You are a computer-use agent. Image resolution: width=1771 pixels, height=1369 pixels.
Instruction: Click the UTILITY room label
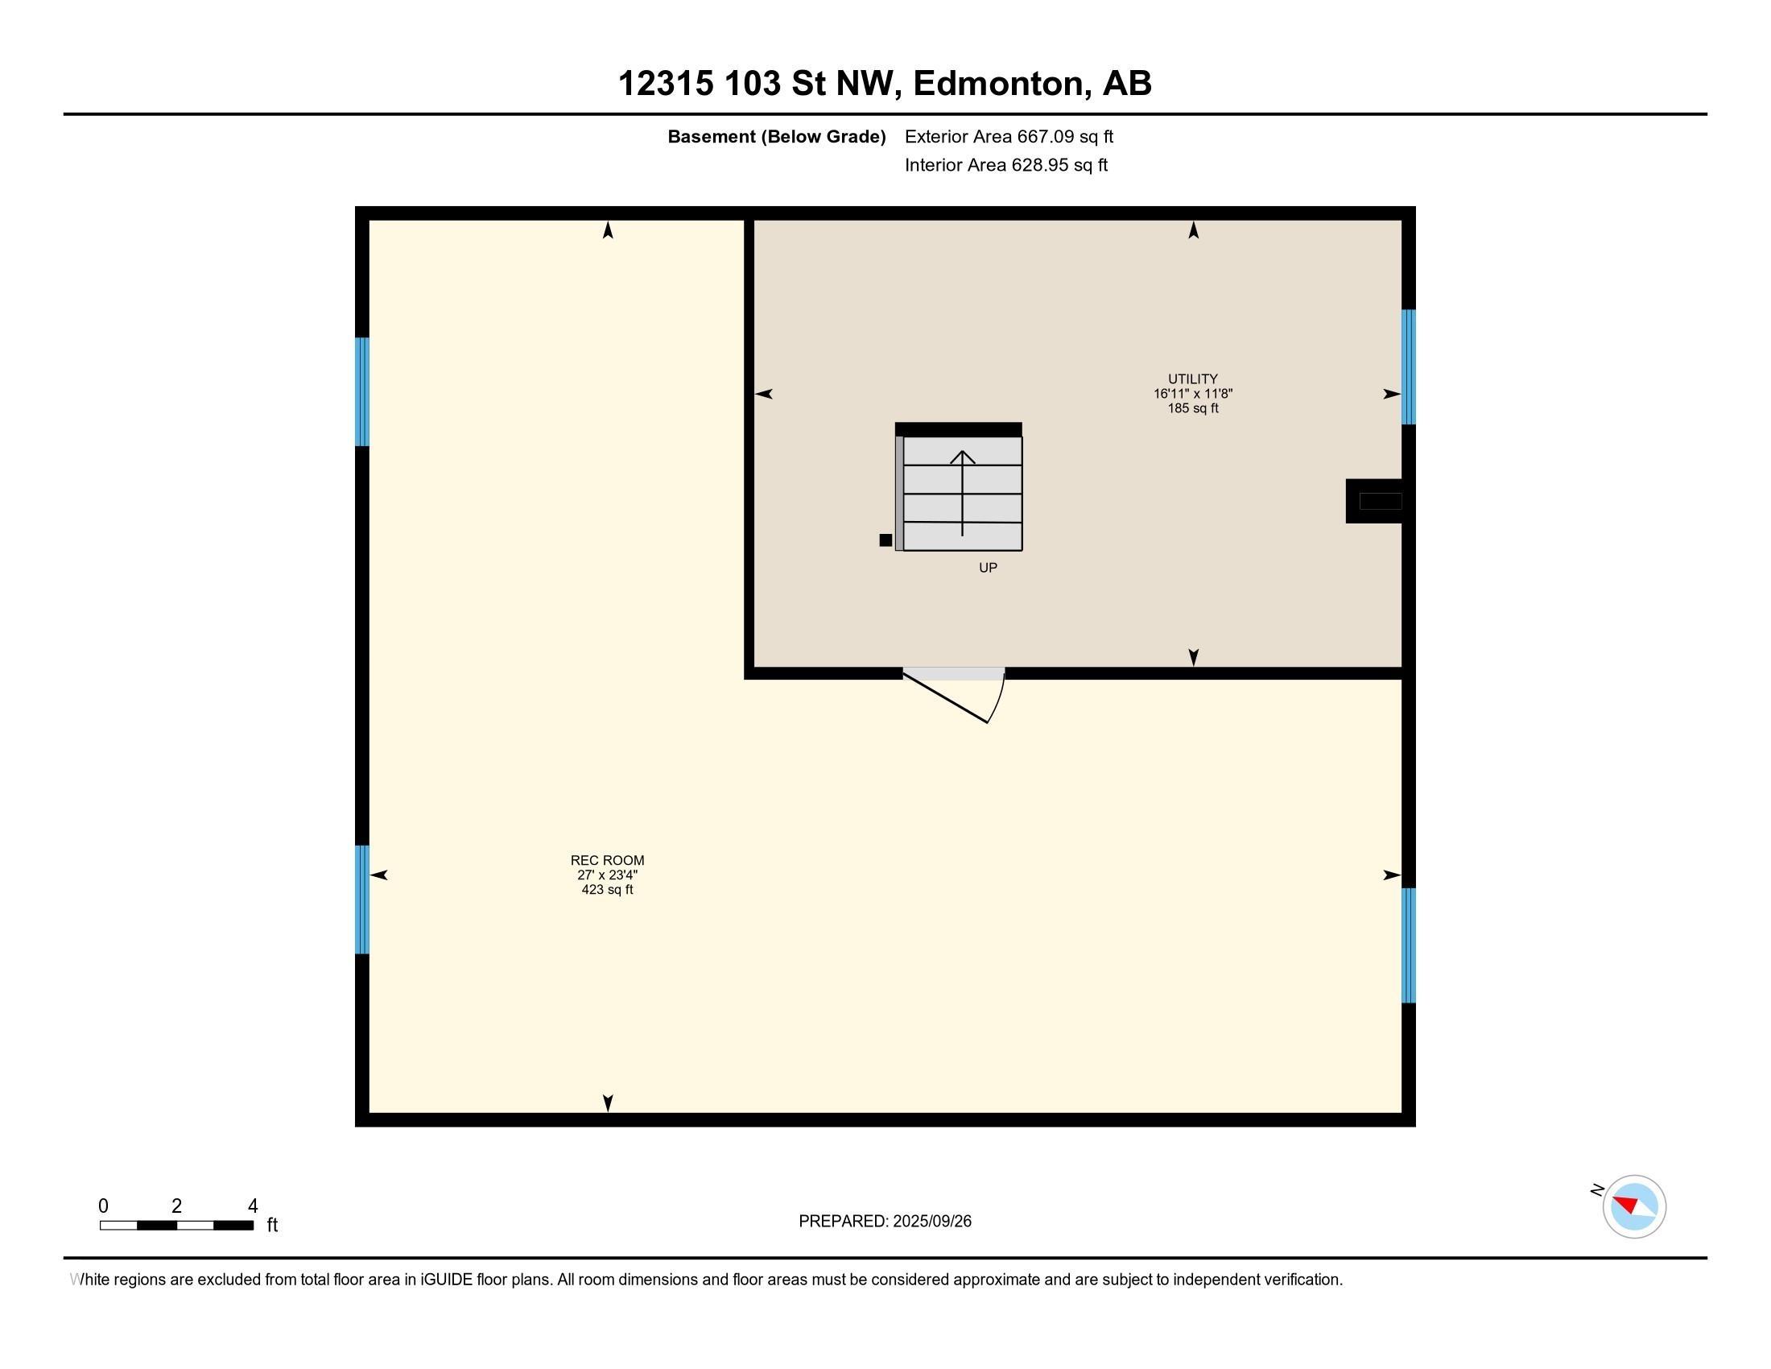pyautogui.click(x=1192, y=378)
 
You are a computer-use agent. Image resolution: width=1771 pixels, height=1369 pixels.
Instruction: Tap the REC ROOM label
pyautogui.click(x=606, y=861)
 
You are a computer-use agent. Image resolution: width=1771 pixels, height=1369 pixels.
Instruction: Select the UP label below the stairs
pyautogui.click(x=987, y=568)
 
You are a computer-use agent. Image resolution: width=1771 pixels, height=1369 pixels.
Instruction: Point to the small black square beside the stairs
pyautogui.click(x=885, y=540)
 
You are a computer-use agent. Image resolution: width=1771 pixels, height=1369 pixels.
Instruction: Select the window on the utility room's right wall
pyautogui.click(x=1409, y=366)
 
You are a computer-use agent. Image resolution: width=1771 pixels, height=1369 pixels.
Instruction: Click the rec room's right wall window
pyautogui.click(x=1409, y=945)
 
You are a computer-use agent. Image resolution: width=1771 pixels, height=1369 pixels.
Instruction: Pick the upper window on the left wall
pyautogui.click(x=362, y=391)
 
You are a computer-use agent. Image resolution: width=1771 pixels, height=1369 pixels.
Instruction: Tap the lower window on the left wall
pyautogui.click(x=362, y=900)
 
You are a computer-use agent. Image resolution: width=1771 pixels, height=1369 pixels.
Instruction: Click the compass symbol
pyautogui.click(x=1633, y=1206)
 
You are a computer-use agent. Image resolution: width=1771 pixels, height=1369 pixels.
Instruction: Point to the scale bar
pyautogui.click(x=177, y=1225)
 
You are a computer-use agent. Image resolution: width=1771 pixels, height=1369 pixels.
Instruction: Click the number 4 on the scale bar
pyautogui.click(x=252, y=1206)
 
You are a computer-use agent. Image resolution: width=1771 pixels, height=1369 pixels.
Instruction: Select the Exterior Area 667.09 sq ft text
pyautogui.click(x=1009, y=137)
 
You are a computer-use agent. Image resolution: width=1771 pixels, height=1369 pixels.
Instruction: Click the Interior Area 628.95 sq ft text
pyautogui.click(x=1005, y=165)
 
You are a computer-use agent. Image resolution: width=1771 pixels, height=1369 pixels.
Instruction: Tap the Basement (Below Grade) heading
pyautogui.click(x=776, y=137)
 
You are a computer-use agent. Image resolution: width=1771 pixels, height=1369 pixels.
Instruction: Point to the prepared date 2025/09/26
pyautogui.click(x=931, y=1222)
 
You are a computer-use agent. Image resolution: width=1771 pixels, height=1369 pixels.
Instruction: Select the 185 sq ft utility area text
pyautogui.click(x=1192, y=409)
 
